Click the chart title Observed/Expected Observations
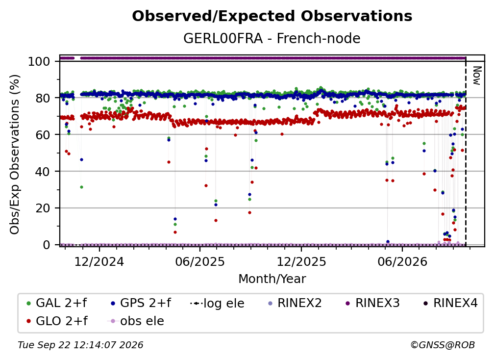tap(272, 16)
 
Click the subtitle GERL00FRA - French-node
tap(272, 38)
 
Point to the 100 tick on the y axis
tap(39, 61)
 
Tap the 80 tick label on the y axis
tap(43, 98)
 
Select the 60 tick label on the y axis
tap(43, 134)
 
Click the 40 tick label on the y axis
tap(43, 172)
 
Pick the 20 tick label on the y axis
tap(43, 208)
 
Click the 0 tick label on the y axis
tap(47, 245)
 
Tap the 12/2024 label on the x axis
tap(99, 261)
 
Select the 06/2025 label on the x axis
tap(200, 261)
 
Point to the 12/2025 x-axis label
tap(301, 261)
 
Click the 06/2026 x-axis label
tap(402, 261)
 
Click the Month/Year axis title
tap(272, 279)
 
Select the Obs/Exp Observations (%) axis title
tap(15, 154)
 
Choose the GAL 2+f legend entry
tap(57, 303)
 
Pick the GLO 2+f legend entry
tap(57, 321)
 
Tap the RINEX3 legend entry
tap(372, 303)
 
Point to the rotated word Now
tap(477, 76)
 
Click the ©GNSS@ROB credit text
tap(443, 345)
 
